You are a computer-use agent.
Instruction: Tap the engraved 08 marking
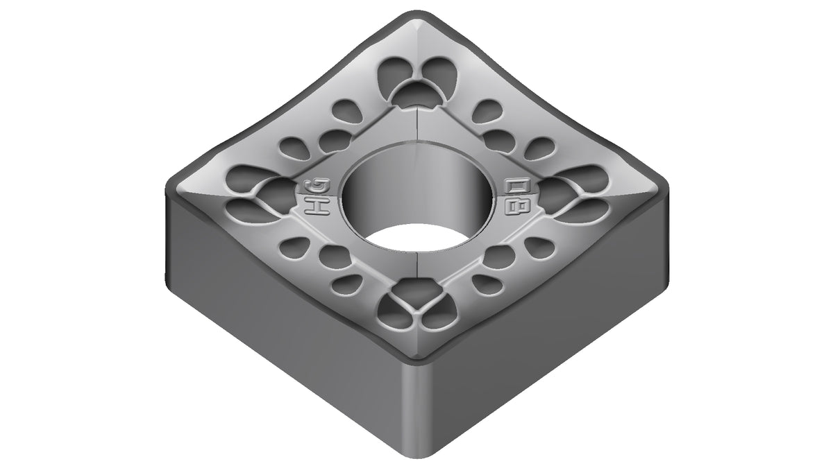(x=516, y=196)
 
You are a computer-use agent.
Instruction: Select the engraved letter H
(x=317, y=207)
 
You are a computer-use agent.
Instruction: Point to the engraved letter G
(x=318, y=188)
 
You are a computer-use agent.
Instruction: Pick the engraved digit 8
(x=516, y=206)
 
